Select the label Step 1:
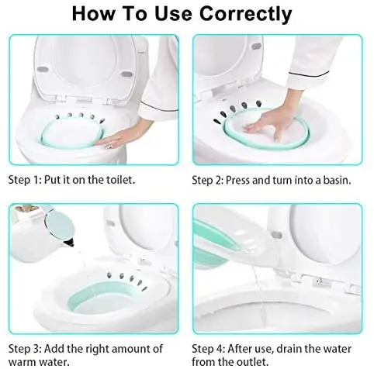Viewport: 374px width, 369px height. pyautogui.click(x=25, y=179)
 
